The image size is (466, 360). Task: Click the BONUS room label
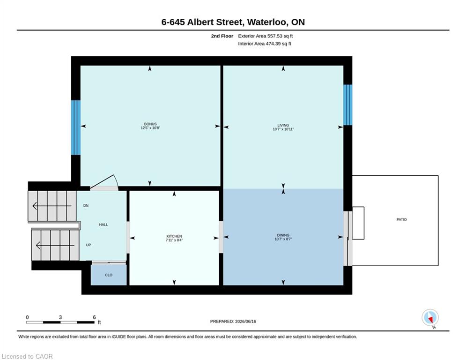point(150,124)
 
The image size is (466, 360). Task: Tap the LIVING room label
point(283,125)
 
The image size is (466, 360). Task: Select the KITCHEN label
point(174,236)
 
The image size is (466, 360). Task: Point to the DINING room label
point(283,235)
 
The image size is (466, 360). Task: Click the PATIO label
point(401,219)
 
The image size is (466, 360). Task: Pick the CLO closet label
point(109,275)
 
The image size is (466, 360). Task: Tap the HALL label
point(104,225)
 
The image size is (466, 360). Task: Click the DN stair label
point(86,206)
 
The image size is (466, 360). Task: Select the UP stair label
point(89,245)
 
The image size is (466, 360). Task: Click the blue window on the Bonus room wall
point(76,127)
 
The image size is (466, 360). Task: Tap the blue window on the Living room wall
point(348,105)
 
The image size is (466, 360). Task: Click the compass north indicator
point(430,318)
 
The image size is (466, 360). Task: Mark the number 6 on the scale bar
point(94,317)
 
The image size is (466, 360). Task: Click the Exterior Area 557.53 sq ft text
point(266,36)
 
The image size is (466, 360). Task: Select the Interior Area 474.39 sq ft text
point(265,44)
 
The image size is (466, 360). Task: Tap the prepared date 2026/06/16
point(245,321)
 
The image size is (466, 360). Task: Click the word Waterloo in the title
point(267,22)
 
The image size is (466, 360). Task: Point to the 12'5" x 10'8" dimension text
point(150,128)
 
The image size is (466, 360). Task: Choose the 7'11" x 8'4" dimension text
point(174,240)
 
